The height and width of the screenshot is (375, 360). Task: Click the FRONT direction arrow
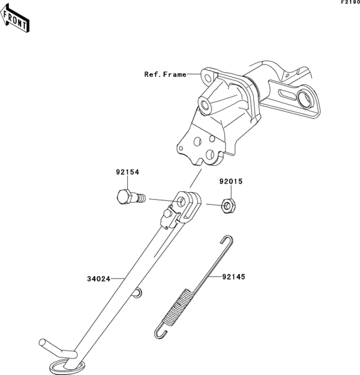[x=15, y=18]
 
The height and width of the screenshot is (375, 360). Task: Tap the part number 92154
[x=127, y=172]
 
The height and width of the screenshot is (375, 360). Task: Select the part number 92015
[x=231, y=182]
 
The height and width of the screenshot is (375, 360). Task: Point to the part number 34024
[x=98, y=279]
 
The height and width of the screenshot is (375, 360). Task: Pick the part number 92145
[x=234, y=277]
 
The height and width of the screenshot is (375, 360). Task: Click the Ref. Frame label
[x=165, y=74]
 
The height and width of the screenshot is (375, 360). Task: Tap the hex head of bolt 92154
[x=124, y=196]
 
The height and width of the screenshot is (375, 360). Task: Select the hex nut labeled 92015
[x=228, y=205]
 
